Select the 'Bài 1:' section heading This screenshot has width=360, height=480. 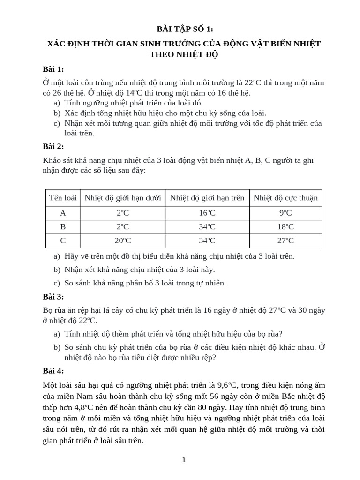point(53,69)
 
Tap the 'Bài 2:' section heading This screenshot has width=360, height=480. point(53,146)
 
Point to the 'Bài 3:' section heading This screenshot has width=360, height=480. point(53,297)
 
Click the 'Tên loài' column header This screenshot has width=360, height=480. point(63,198)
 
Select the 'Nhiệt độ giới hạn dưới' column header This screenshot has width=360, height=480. point(123,198)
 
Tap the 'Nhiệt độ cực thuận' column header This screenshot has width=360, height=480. point(285,198)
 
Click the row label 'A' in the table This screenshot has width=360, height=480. point(63,213)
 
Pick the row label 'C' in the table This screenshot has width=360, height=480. point(63,240)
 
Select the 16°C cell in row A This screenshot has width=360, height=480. point(207,213)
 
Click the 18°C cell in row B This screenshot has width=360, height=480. point(285,227)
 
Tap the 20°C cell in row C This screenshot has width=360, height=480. point(123,240)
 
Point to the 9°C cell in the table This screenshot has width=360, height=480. point(285,213)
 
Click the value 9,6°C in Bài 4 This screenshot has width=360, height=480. point(225,385)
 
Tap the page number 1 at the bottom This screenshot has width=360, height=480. point(184,460)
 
